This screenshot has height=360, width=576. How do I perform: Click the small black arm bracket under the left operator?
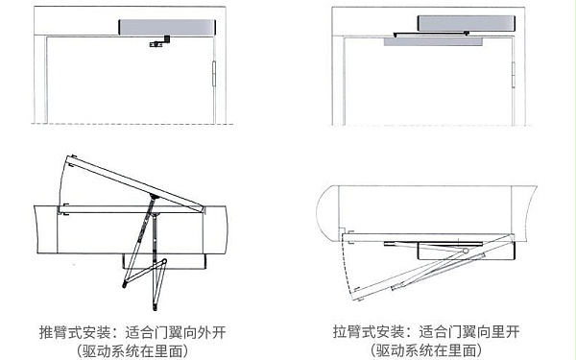pos(156,43)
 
